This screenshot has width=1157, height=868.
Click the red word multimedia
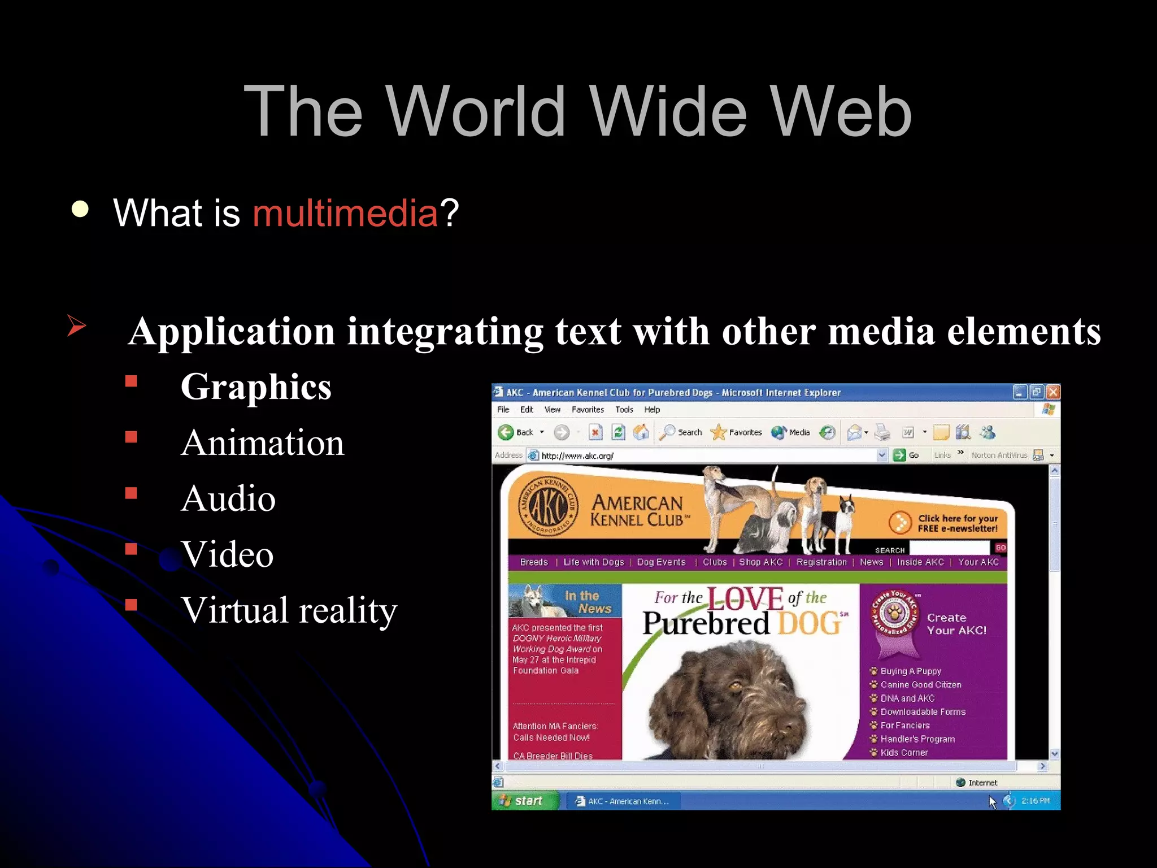click(345, 213)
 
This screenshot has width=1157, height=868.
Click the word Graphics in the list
click(256, 387)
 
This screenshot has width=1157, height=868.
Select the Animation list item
click(263, 442)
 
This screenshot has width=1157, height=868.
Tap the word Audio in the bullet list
click(228, 498)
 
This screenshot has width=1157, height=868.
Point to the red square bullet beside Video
click(132, 549)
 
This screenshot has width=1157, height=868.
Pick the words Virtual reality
click(289, 610)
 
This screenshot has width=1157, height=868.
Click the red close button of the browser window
click(1052, 392)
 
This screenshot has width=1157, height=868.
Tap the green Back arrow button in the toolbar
click(506, 432)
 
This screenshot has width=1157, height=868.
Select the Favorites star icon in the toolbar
click(719, 432)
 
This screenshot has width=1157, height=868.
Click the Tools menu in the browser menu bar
click(624, 410)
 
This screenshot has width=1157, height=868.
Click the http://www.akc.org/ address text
click(577, 455)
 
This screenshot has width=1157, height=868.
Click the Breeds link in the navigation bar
click(534, 562)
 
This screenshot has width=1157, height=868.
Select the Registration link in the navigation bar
click(821, 562)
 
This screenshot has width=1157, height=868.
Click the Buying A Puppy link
click(911, 671)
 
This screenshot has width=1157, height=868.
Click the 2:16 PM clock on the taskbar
click(1036, 801)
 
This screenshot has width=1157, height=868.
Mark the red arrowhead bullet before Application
click(76, 325)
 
